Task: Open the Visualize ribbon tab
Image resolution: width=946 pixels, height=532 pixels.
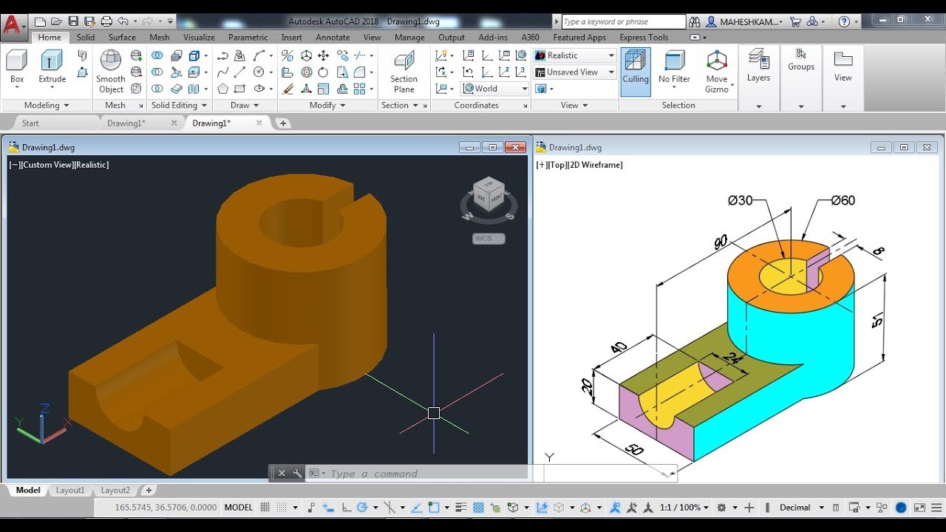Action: tap(199, 37)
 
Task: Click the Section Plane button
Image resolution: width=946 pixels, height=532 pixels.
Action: tap(404, 72)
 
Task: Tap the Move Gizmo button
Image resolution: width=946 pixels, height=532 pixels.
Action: tap(716, 72)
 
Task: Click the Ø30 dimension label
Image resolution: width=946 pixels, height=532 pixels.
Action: tap(740, 200)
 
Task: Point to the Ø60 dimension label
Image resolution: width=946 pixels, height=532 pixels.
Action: tap(843, 200)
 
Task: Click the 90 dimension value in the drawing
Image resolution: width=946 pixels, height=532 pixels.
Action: tap(721, 241)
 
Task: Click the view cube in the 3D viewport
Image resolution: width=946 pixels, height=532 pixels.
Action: tap(489, 194)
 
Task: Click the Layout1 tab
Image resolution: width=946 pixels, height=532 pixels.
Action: tap(70, 490)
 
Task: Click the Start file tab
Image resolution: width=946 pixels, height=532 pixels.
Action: tap(30, 123)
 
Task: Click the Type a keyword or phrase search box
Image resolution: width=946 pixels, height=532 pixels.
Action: tap(623, 21)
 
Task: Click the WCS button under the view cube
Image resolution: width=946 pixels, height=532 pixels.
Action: tap(488, 239)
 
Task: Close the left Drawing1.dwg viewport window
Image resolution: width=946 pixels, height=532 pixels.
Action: tap(515, 147)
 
